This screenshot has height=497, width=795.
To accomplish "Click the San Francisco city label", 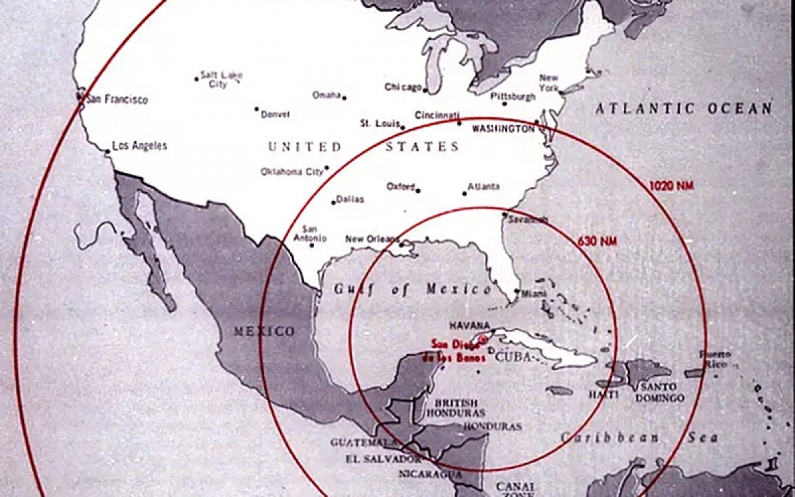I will click(117, 100).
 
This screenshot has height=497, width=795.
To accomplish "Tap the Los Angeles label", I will click(139, 146).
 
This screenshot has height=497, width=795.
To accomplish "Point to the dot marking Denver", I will click(257, 109).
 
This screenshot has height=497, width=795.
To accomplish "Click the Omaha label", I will click(327, 95).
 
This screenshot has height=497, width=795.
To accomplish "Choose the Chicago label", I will click(403, 87).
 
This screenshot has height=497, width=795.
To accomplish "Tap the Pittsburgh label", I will click(513, 97).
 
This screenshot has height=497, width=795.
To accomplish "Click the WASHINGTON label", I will click(503, 129).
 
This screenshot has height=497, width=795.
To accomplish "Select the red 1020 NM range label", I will click(671, 186).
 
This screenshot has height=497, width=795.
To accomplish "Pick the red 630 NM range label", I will click(598, 241).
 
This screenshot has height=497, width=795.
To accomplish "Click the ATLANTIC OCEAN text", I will click(683, 109).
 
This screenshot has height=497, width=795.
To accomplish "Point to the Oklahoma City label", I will click(291, 172).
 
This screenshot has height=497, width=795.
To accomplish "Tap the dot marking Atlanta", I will click(464, 193).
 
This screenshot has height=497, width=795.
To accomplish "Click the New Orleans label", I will click(372, 239).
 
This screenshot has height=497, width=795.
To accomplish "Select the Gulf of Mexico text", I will click(412, 290).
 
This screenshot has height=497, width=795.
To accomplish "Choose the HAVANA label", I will click(469, 326).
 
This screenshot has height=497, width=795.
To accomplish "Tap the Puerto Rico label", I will click(715, 359).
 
